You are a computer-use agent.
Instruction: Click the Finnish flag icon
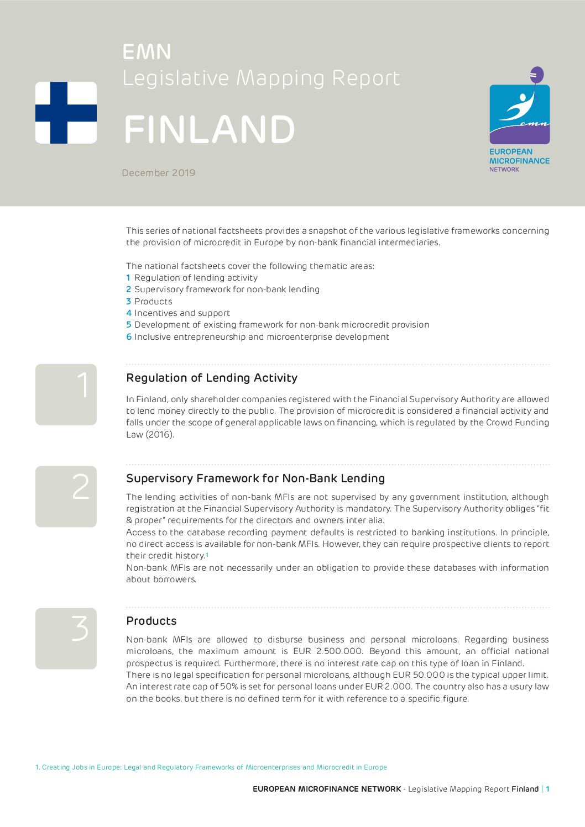tap(66, 113)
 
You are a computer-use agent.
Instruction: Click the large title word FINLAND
tap(210, 130)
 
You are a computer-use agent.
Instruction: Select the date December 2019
tap(159, 173)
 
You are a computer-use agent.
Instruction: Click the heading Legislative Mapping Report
tap(261, 78)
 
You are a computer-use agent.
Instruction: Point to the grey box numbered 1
tap(66, 394)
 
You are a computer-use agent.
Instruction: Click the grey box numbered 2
tap(66, 496)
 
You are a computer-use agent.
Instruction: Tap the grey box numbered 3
tap(66, 638)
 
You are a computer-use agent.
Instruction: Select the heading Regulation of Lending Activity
tap(212, 378)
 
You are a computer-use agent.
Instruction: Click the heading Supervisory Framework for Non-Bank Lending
tap(255, 478)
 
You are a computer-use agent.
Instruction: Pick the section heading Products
tap(152, 621)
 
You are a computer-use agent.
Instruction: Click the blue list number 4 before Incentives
tap(129, 313)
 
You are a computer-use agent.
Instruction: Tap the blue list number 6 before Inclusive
tap(129, 337)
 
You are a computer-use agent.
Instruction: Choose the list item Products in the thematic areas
tap(153, 302)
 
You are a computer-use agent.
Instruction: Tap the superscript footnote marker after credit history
tap(207, 554)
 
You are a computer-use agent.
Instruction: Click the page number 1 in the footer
tap(547, 789)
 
